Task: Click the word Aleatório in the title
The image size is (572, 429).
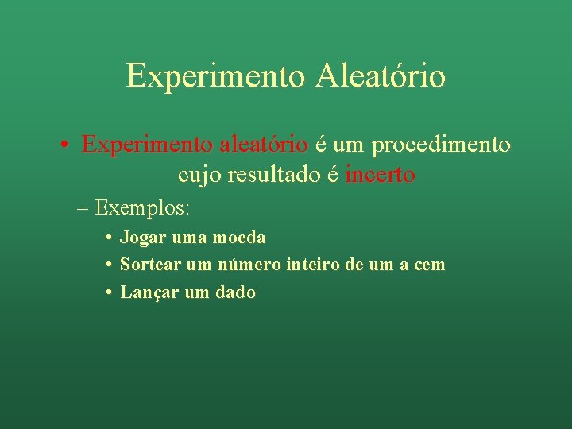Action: click(380, 76)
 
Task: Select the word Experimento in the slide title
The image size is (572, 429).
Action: click(214, 76)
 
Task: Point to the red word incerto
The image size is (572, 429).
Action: click(380, 175)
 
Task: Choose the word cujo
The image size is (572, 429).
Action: click(199, 176)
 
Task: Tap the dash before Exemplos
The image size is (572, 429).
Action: click(83, 209)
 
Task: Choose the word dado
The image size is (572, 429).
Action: click(235, 292)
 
